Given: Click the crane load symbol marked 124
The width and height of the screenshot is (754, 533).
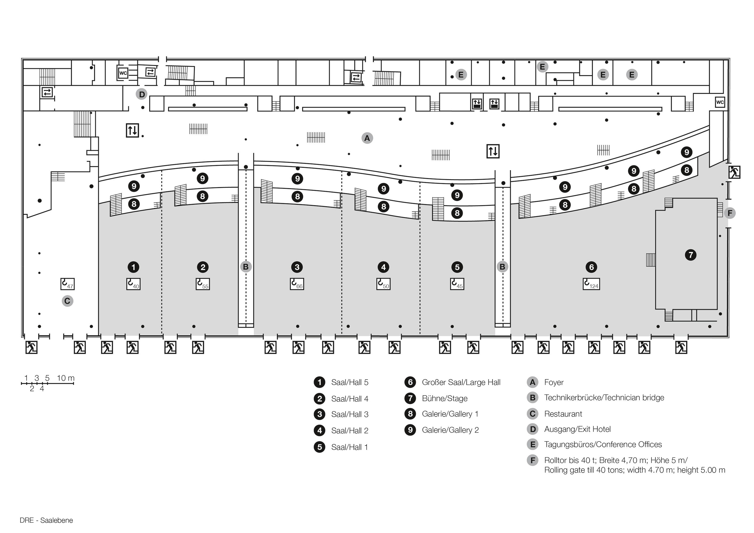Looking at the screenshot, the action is [x=591, y=284].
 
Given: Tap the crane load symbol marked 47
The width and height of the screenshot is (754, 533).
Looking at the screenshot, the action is [x=67, y=284].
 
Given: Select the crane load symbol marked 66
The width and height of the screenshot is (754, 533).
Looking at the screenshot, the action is [x=297, y=284].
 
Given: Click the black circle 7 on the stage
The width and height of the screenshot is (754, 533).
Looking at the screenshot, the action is [x=691, y=255].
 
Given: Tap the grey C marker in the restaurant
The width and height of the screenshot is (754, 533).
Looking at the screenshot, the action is [x=67, y=301].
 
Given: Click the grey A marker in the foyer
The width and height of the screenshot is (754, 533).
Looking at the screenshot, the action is [x=367, y=138].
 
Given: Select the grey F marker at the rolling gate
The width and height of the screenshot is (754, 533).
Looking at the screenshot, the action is [x=730, y=213].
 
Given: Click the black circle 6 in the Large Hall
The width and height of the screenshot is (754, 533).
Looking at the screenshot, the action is [x=591, y=267].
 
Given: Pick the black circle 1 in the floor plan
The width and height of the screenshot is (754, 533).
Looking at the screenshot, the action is [x=133, y=267].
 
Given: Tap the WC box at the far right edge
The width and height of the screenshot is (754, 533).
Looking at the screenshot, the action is [x=720, y=102].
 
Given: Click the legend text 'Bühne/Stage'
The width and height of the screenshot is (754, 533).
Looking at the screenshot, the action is [x=445, y=398].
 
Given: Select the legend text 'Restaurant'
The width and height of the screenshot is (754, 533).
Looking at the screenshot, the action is [x=563, y=414].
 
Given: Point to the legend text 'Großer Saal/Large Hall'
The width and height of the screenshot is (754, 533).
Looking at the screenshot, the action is [x=461, y=382].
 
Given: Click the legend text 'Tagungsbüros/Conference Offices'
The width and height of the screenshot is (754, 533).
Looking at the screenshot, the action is [x=603, y=444].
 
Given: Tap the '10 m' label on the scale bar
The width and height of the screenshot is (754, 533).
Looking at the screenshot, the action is [x=66, y=378].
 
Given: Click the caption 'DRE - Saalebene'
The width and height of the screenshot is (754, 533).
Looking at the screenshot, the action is [x=46, y=521].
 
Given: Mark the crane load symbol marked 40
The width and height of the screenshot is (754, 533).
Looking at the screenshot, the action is [x=133, y=284].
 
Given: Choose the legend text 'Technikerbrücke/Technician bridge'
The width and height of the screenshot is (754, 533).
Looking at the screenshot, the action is [x=604, y=398].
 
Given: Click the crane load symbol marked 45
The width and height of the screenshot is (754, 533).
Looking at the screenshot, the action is [x=457, y=284].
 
